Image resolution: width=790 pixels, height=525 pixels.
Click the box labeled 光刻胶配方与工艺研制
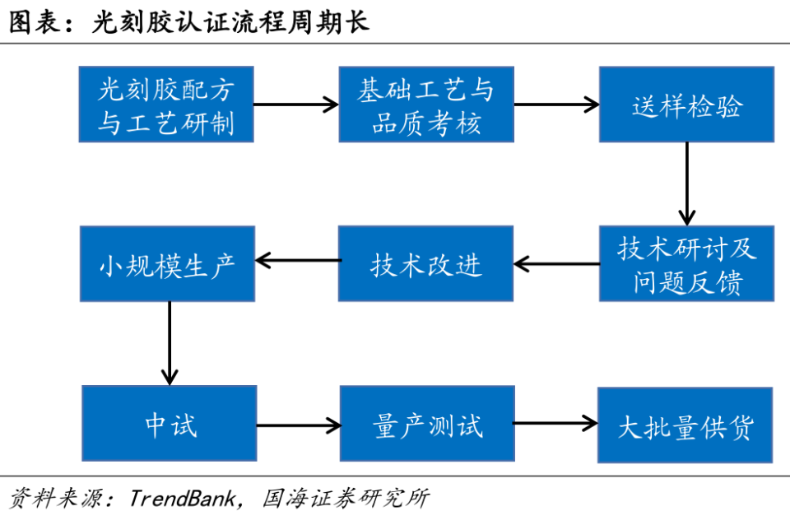166,105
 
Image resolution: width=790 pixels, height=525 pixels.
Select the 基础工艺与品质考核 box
426,105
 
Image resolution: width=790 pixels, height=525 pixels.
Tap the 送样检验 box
686,105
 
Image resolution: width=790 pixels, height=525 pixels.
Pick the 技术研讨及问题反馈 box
686,264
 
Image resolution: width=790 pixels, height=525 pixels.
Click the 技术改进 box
426,264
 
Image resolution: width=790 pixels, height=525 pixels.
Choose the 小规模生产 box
166,264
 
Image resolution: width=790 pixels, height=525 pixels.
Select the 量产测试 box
426,425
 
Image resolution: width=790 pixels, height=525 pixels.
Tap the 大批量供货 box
685,425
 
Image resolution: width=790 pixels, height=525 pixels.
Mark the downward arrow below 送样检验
686,184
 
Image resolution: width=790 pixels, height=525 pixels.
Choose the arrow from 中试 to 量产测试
298,425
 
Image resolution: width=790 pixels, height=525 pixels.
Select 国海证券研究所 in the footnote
345,499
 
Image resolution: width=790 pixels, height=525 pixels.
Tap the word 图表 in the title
32,21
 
